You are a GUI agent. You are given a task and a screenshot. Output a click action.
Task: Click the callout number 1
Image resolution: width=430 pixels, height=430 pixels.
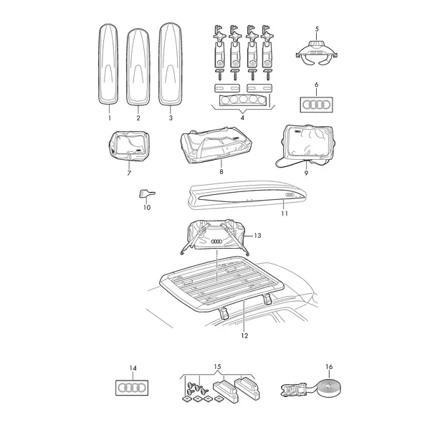pyautogui.click(x=110, y=118)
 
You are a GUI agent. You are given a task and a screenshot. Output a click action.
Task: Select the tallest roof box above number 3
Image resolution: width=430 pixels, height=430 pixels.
pyautogui.click(x=171, y=64)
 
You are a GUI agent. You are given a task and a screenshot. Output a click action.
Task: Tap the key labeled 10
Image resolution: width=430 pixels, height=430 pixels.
pyautogui.click(x=147, y=194)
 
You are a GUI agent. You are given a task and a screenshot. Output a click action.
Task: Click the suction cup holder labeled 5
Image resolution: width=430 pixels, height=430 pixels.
pyautogui.click(x=317, y=53)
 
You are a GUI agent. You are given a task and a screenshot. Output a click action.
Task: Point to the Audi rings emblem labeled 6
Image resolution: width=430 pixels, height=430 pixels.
pyautogui.click(x=317, y=105)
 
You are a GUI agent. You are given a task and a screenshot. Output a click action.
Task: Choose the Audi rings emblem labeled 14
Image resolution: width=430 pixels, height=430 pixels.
pyautogui.click(x=132, y=388)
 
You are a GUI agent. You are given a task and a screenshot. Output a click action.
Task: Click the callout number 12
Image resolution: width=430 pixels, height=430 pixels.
pyautogui.click(x=244, y=335)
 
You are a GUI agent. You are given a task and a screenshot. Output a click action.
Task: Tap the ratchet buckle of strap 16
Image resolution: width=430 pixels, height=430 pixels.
pyautogui.click(x=292, y=389)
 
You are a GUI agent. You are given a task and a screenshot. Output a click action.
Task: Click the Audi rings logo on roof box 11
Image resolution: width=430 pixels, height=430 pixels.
pyautogui.click(x=290, y=195)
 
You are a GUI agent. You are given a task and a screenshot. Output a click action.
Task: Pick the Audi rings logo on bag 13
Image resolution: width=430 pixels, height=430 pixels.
pyautogui.click(x=216, y=242)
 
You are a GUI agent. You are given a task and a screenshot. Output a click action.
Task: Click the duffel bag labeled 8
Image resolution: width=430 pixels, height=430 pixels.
pyautogui.click(x=216, y=145)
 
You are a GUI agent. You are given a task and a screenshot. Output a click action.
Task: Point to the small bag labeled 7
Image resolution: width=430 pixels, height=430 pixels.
pyautogui.click(x=129, y=147)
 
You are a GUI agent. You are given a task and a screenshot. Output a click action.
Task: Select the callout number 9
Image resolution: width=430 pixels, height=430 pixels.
pyautogui.click(x=306, y=173)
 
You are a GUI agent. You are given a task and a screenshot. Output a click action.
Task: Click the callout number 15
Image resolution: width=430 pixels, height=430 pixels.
pyautogui.click(x=217, y=367)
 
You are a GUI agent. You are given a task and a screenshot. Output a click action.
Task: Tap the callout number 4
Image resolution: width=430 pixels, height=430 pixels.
pyautogui.click(x=242, y=118)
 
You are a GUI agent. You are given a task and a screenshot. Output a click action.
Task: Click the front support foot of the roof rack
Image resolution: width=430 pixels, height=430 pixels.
pyautogui.click(x=224, y=313)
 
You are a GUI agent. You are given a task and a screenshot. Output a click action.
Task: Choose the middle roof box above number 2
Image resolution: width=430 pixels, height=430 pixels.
pyautogui.click(x=138, y=67)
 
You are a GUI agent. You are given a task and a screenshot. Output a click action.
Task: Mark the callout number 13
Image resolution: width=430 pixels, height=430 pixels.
pyautogui.click(x=257, y=236)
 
